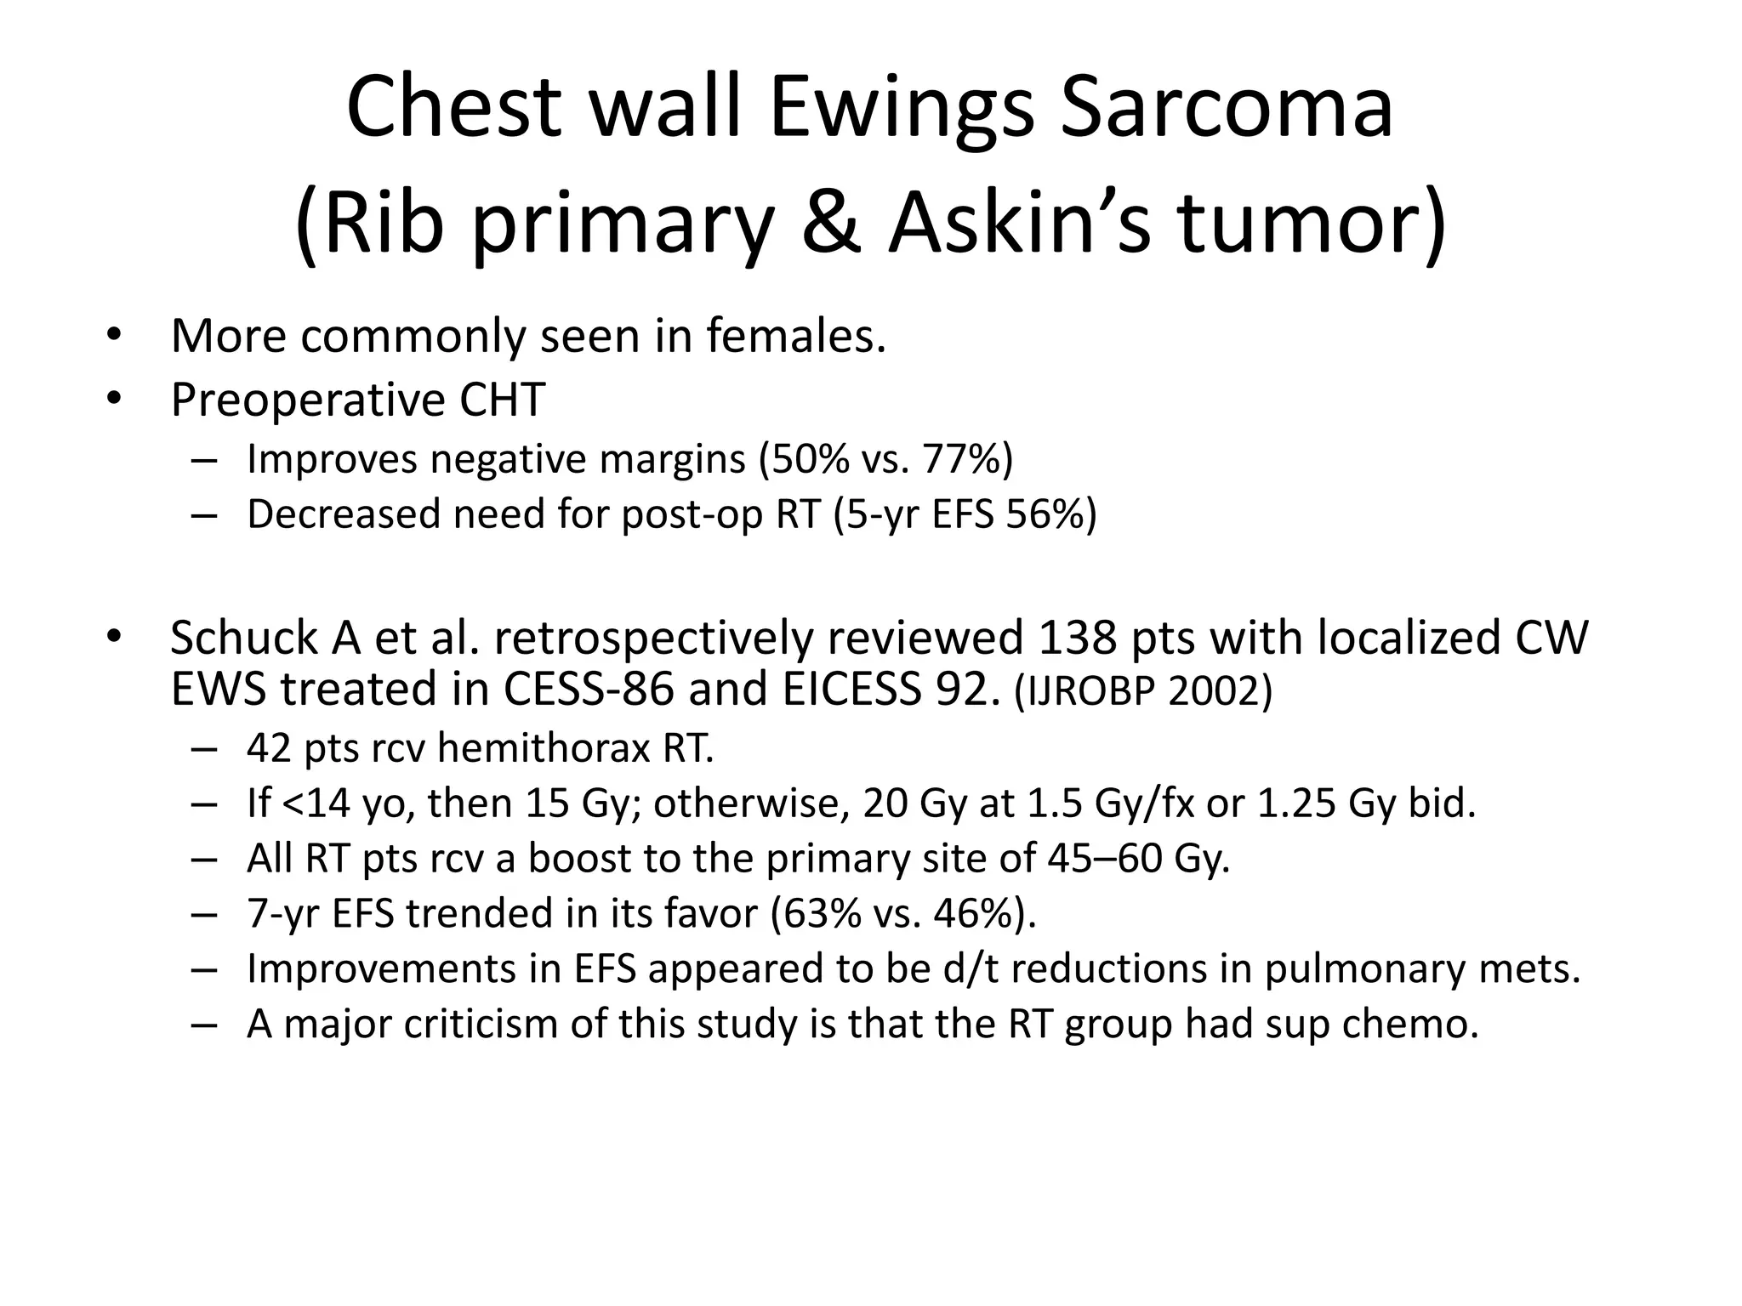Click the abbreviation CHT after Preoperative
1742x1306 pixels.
click(x=502, y=400)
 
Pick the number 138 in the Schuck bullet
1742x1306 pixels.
click(x=1076, y=638)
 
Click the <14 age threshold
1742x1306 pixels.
click(x=315, y=803)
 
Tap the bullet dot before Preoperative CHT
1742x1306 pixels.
click(x=116, y=400)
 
